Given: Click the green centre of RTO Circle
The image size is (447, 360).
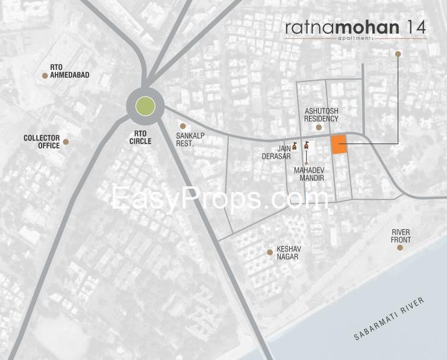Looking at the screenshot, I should point(145,107).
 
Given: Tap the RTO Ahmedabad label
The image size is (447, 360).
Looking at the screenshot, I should point(70,71).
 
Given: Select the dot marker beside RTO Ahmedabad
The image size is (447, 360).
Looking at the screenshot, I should point(45,75).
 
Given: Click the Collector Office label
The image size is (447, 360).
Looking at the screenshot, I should point(42,142).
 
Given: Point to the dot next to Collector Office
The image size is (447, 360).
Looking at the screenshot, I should point(66,142).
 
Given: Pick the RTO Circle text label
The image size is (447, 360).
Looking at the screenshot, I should point(140,137).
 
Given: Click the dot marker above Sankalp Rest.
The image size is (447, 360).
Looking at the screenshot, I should point(183,126).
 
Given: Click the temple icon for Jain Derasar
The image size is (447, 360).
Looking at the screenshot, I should point(295,146).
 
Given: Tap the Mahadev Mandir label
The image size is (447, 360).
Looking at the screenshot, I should point(309,174).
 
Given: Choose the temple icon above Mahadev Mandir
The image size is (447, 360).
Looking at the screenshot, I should point(307,146).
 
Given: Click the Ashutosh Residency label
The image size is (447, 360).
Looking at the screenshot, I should point(321,115).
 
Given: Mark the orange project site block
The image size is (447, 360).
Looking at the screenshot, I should point(339,145).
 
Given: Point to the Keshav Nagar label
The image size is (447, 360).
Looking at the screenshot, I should point(287,253).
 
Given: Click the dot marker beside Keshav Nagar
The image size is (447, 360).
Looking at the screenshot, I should point(269,251).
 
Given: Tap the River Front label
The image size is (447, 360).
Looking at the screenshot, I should point(401,236).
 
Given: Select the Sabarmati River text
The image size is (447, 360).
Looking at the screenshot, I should point(389,319).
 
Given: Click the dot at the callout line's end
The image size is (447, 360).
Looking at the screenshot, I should point(398,54).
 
